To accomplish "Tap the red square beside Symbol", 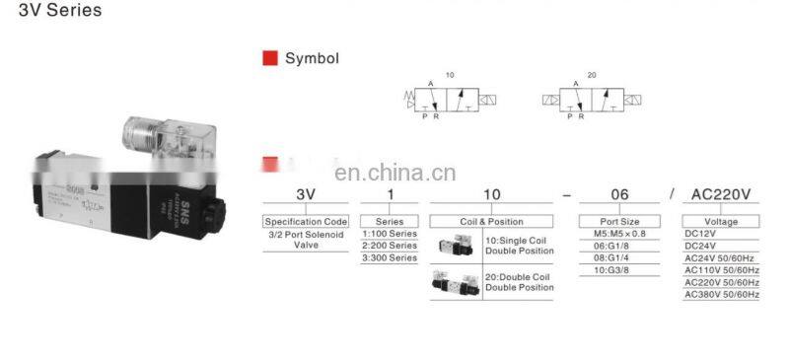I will coord(269,58).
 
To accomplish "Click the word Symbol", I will coord(312,58).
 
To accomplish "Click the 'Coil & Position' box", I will coord(491,222).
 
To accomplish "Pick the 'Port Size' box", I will coord(619,222).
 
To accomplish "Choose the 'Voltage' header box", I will coord(723,222).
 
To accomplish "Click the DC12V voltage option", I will coord(701,234).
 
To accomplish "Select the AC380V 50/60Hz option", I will coord(722,294).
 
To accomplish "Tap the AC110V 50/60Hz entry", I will coord(722,270).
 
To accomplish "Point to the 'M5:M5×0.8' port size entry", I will coord(619,234).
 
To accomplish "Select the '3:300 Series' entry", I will coord(390,257).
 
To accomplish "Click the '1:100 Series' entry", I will coord(390,234).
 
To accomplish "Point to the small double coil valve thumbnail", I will coord(455,284).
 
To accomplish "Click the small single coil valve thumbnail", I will coord(456,246).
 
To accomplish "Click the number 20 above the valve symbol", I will coord(591,75).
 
